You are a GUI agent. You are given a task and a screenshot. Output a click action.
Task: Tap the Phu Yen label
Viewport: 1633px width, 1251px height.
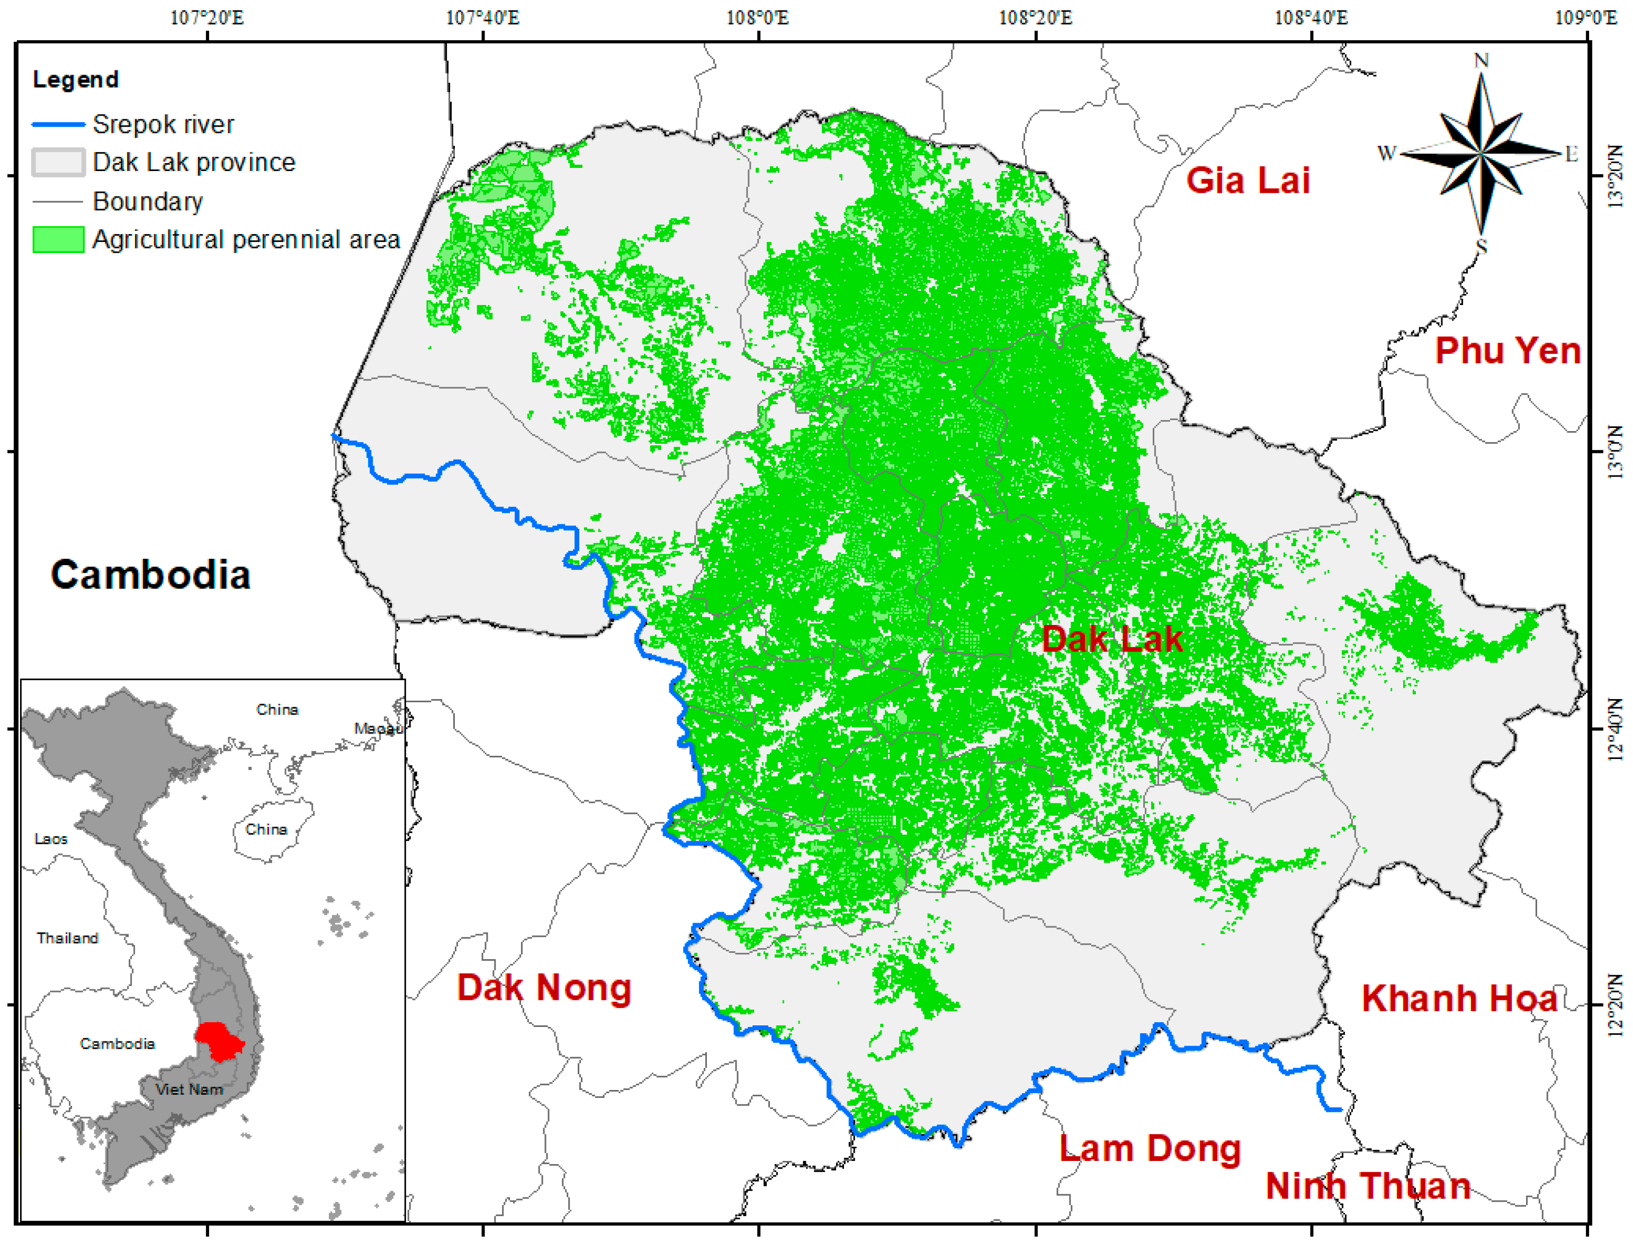pos(1507,351)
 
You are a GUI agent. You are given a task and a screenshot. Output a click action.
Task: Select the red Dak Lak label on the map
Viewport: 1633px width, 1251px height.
pos(1111,639)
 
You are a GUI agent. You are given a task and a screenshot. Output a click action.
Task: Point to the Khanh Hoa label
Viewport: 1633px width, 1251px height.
pos(1459,998)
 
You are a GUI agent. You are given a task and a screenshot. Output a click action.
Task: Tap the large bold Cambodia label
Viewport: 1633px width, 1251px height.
pos(150,575)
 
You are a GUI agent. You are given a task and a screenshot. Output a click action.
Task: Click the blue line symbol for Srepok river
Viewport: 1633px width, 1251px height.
pos(58,124)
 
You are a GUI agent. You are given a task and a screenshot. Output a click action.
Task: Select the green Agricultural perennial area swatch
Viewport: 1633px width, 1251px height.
pos(58,240)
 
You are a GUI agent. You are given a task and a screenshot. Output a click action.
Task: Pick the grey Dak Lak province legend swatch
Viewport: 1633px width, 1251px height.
pos(58,162)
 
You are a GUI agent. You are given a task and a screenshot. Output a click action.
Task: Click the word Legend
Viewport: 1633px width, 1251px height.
pos(75,79)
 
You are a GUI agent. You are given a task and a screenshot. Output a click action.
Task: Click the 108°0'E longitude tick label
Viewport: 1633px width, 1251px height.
pos(758,17)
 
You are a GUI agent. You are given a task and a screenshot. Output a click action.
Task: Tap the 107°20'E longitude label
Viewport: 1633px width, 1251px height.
pos(207,17)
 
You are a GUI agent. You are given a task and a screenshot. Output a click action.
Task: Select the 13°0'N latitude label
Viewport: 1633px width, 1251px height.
pos(1613,451)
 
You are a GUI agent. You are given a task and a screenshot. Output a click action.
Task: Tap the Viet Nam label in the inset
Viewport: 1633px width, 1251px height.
pos(189,1089)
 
